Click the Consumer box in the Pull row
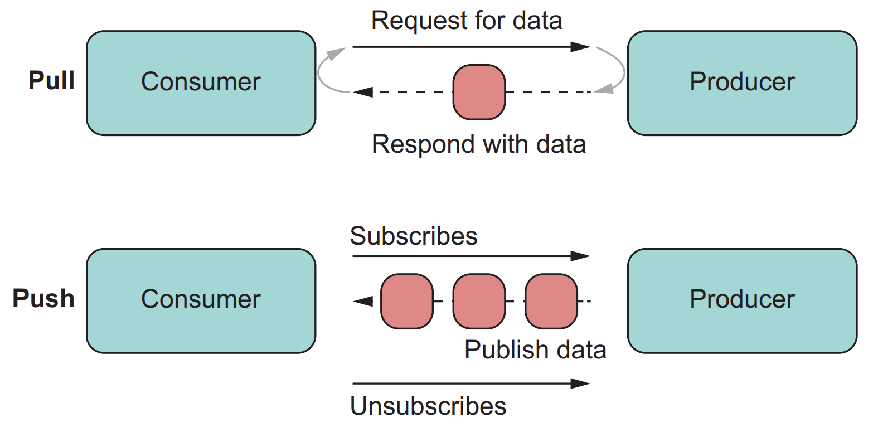[x=201, y=83]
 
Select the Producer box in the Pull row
[x=741, y=83]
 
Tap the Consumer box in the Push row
[x=201, y=300]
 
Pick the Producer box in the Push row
[x=741, y=300]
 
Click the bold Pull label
[x=51, y=81]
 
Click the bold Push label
[x=43, y=299]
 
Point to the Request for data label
[x=467, y=21]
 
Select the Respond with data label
[x=478, y=144]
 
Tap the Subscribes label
[x=414, y=236]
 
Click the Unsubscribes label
[x=428, y=406]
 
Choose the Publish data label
[x=535, y=350]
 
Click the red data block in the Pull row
[x=479, y=92]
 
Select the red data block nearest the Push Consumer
[x=406, y=301]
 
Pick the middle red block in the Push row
[x=479, y=301]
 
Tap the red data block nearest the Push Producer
[x=551, y=301]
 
